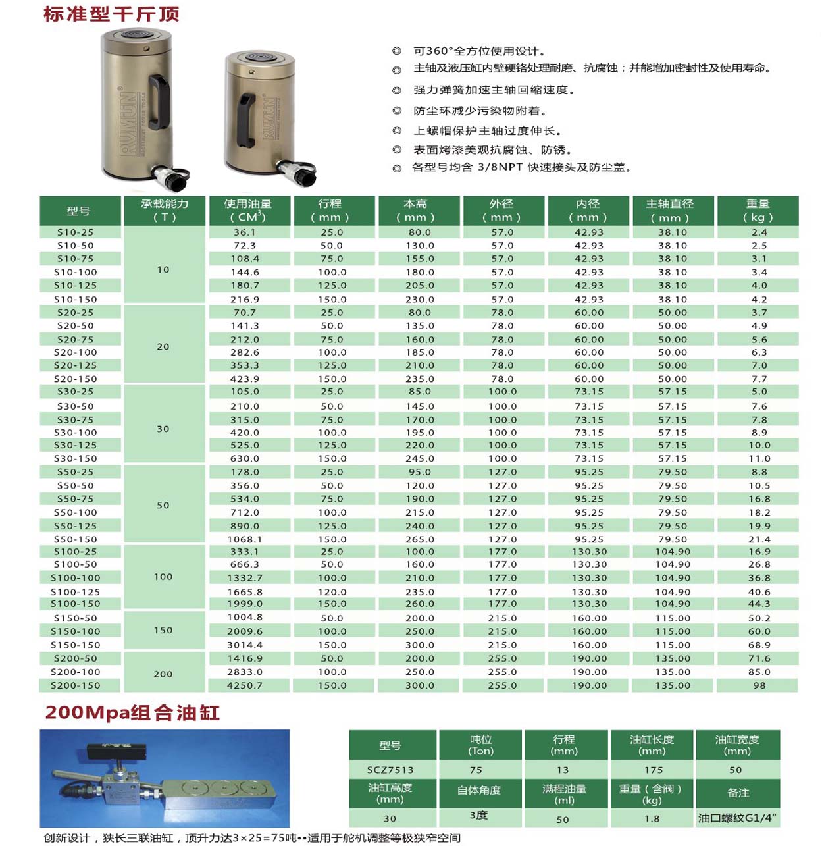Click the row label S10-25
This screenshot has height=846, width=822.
tap(76, 232)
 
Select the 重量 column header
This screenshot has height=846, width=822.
tap(758, 211)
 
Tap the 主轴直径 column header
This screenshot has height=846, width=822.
tap(672, 211)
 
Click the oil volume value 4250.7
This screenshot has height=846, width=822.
tap(245, 685)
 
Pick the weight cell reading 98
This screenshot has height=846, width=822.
tap(759, 685)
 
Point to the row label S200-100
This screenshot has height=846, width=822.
tap(76, 672)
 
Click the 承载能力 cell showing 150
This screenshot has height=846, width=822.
tap(163, 630)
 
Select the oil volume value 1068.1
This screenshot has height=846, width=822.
tap(245, 539)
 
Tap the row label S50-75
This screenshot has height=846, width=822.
tap(76, 499)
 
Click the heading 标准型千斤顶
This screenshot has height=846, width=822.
tap(111, 14)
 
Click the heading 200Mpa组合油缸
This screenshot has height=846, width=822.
tap(132, 712)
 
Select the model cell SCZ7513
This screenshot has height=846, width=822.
tap(390, 770)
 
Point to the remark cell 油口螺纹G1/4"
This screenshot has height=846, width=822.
tap(738, 818)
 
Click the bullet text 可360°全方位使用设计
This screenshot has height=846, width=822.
tap(479, 51)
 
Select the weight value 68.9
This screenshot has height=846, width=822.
tap(759, 645)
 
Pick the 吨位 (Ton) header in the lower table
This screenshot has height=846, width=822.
tap(480, 745)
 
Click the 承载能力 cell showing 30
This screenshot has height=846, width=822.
tap(163, 429)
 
